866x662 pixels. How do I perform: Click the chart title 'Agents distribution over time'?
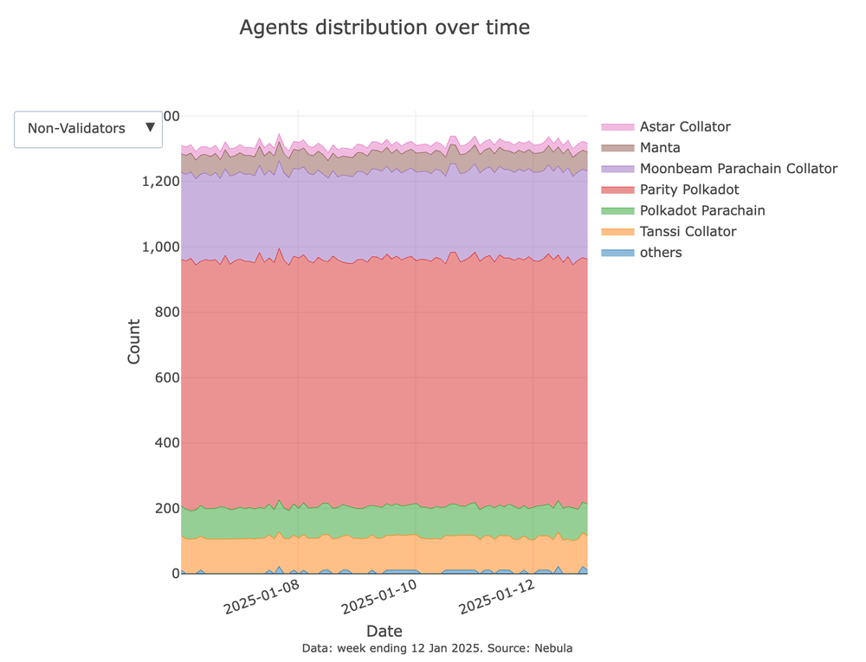point(384,28)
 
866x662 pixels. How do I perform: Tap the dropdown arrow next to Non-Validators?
point(150,127)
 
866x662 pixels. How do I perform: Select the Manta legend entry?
point(660,148)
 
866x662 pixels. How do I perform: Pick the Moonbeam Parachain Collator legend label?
point(738,169)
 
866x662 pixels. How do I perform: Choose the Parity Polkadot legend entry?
point(688,190)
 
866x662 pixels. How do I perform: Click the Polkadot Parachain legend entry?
point(701,210)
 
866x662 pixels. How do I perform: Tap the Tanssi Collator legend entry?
point(688,231)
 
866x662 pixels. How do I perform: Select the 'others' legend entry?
point(660,253)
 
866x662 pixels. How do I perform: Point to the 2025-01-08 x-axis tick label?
point(262,595)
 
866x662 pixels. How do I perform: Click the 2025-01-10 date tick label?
point(380,595)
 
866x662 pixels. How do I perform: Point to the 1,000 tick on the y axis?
point(158,247)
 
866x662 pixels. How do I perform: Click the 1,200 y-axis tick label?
point(158,182)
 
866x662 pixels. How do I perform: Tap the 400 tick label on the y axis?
point(165,443)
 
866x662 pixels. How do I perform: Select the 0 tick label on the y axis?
point(175,574)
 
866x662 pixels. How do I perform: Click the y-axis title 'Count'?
point(134,342)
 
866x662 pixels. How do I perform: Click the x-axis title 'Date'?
point(384,631)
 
